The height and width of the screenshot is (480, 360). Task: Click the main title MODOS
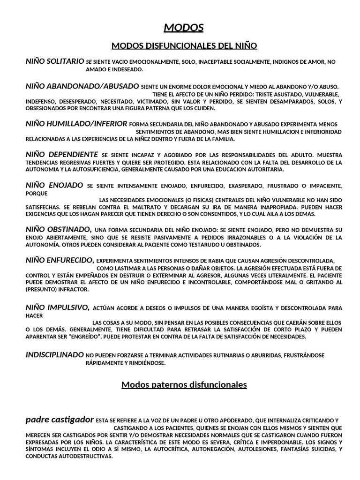(184, 28)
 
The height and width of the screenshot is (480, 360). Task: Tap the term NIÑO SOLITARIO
(55, 61)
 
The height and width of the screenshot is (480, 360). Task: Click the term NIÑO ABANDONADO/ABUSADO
(82, 86)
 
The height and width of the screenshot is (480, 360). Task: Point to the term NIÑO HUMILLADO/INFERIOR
(76, 124)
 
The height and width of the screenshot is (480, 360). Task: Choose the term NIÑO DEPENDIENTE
(61, 154)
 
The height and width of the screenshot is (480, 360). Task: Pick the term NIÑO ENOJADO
(54, 185)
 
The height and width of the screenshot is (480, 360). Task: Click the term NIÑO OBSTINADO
(58, 229)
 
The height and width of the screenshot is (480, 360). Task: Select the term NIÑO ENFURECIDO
(60, 260)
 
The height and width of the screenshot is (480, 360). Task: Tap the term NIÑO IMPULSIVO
(58, 307)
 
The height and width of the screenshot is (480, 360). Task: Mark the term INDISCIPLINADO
(54, 355)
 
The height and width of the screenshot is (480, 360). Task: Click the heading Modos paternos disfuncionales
(184, 385)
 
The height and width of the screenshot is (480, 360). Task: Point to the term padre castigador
(60, 420)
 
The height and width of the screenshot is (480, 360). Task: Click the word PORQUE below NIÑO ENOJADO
(35, 193)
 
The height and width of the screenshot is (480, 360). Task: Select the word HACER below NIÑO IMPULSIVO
(34, 315)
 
